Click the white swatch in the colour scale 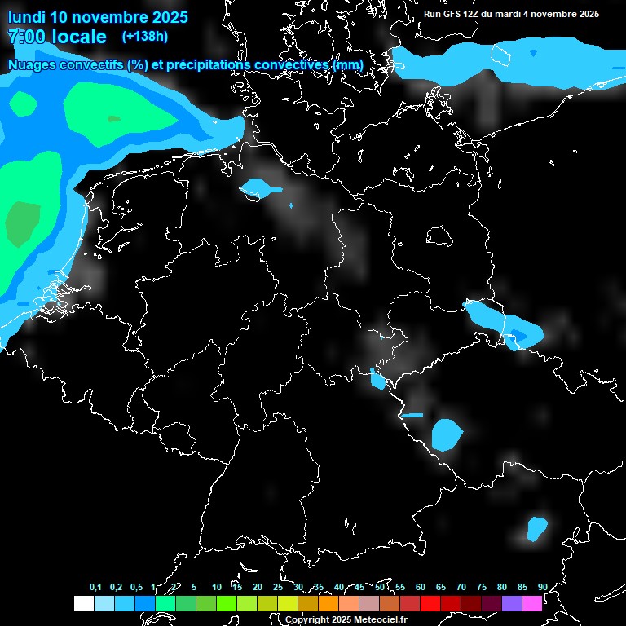[x=83, y=603]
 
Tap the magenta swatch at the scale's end [x=531, y=603]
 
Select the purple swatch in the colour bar [x=511, y=603]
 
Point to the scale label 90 [x=543, y=587]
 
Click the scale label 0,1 [x=95, y=587]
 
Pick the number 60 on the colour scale [x=421, y=587]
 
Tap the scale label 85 [x=522, y=587]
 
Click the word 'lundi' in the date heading [x=27, y=17]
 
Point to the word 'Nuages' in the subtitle [x=33, y=64]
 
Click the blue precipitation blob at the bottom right [x=536, y=528]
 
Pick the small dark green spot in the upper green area [x=113, y=119]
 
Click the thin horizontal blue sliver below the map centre [x=412, y=415]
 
